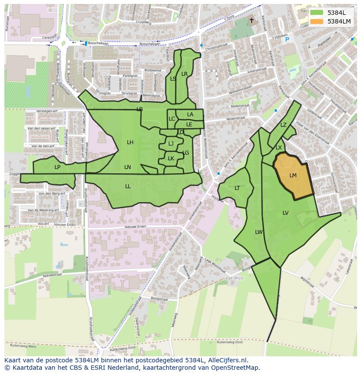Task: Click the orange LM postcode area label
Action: tap(293, 176)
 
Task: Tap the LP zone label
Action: tap(57, 167)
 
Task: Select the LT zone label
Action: tap(237, 188)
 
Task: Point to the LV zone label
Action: tap(285, 213)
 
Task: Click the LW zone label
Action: tap(259, 232)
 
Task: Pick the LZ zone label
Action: tap(283, 125)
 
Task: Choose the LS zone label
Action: tap(173, 79)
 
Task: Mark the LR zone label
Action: tap(184, 74)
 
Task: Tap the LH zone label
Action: tap(130, 142)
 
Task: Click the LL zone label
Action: tap(128, 186)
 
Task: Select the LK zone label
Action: tap(171, 159)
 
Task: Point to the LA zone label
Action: tap(190, 115)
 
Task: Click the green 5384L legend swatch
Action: tap(317, 13)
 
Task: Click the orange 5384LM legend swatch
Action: tap(317, 21)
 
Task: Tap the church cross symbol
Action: tap(252, 20)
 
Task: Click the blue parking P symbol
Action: tap(287, 40)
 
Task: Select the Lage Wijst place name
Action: tap(233, 278)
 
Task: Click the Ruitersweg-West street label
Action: tap(20, 347)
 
